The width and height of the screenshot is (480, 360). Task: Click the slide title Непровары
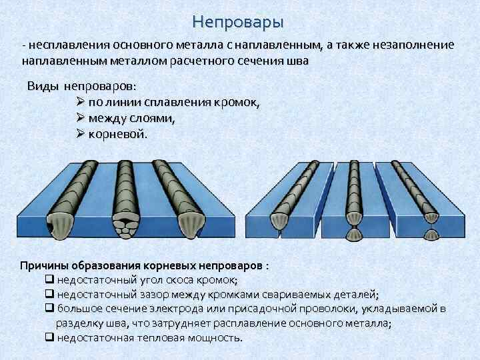click(237, 22)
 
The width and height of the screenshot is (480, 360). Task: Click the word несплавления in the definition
click(64, 45)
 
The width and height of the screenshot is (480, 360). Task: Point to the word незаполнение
click(416, 45)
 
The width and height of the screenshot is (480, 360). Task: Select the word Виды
click(43, 87)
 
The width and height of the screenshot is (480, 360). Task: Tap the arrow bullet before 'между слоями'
click(81, 119)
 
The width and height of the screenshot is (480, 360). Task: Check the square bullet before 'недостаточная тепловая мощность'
click(49, 337)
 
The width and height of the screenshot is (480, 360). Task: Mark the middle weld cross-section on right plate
click(353, 227)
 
